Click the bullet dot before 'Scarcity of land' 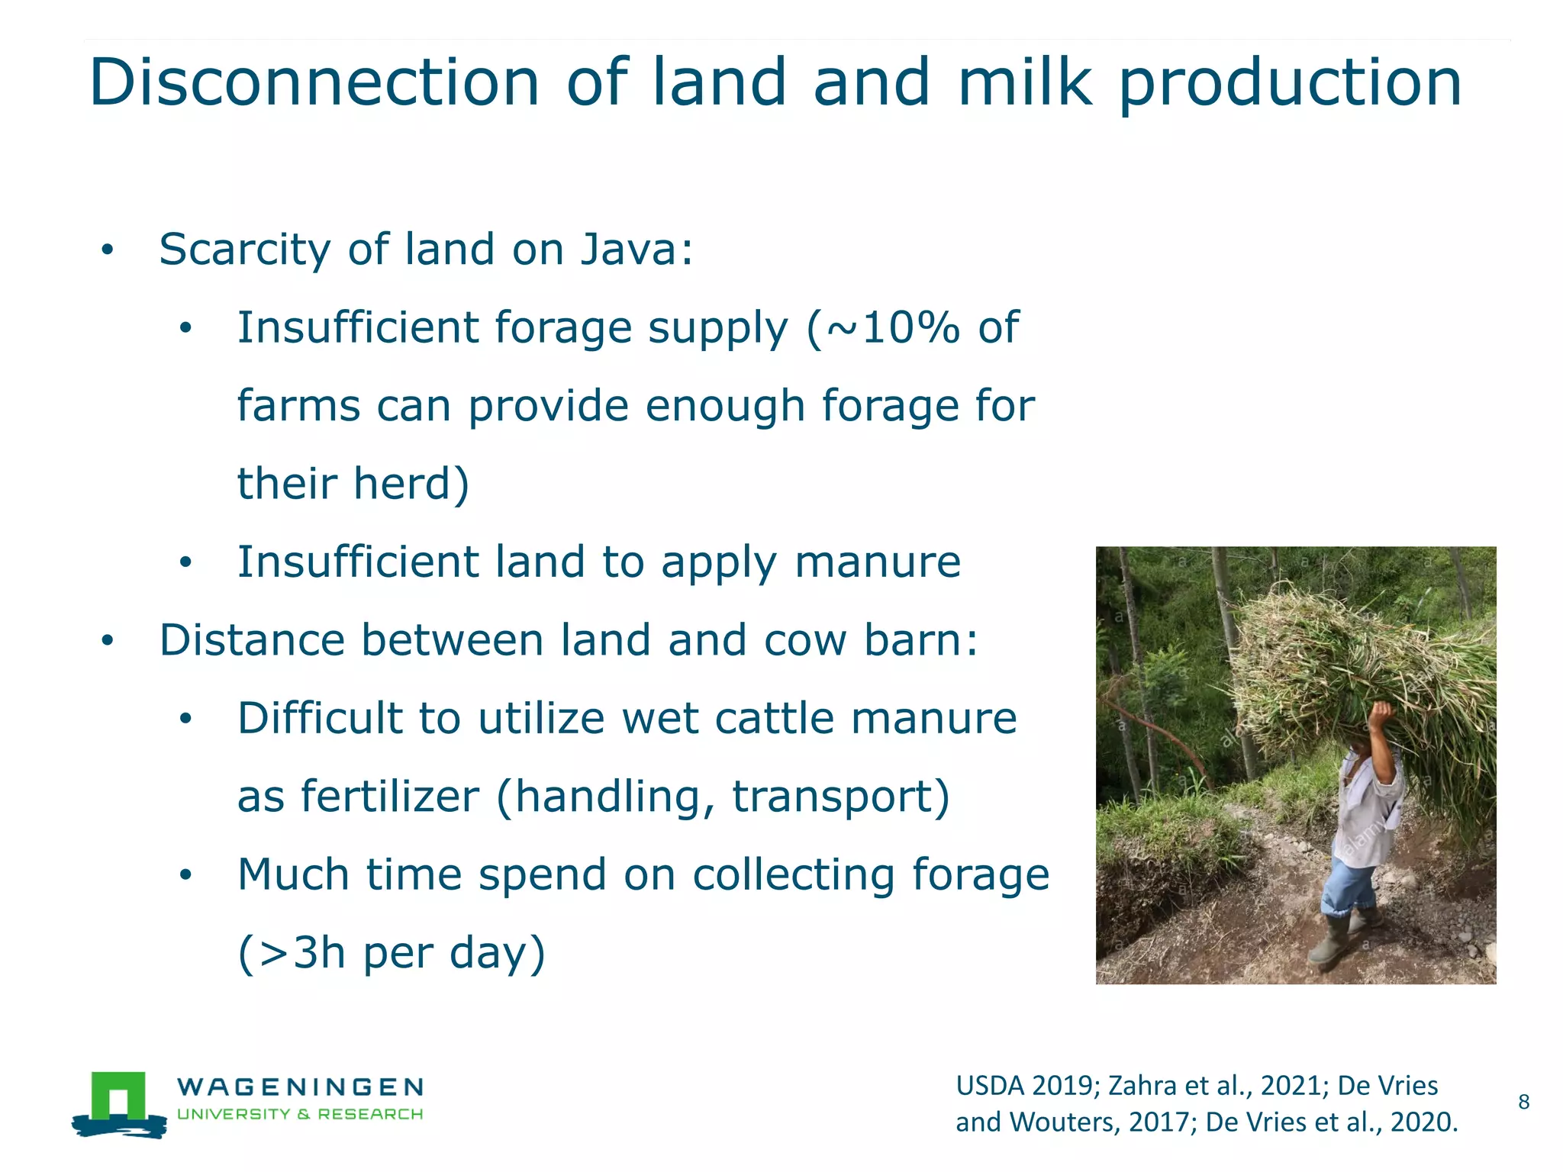tap(108, 250)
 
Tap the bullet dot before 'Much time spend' tap(185, 876)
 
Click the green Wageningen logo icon tap(119, 1103)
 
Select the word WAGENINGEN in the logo tap(300, 1087)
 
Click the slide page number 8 tap(1523, 1102)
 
